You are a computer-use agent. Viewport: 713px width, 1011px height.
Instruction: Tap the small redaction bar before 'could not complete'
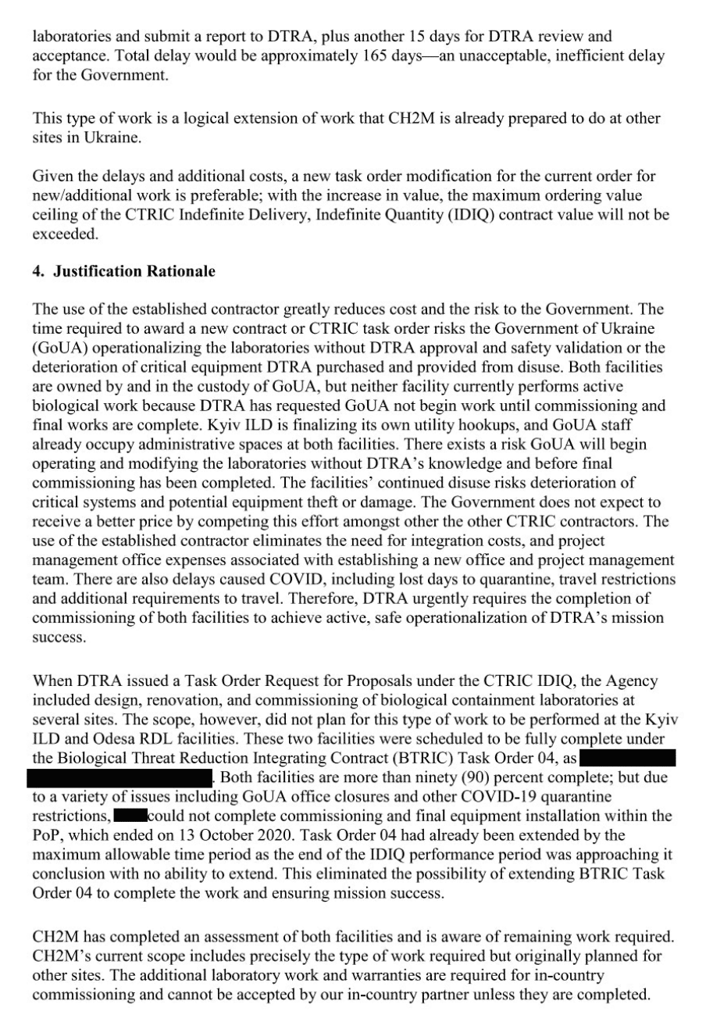click(x=128, y=815)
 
